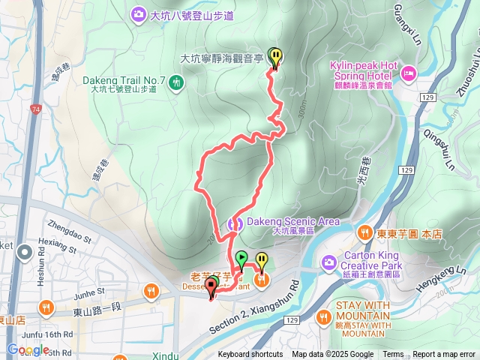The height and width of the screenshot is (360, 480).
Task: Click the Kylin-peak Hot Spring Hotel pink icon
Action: [408, 73]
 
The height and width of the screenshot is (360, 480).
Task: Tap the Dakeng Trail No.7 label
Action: [124, 80]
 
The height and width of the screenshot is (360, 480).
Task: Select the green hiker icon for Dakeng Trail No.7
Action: [175, 80]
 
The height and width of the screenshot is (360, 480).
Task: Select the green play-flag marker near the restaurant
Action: [241, 259]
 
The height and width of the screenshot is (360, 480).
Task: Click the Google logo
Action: [28, 349]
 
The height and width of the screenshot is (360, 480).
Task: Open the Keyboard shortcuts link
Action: [250, 355]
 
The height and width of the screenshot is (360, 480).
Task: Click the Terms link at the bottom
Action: [393, 355]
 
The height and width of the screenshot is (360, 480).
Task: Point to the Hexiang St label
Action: [54, 242]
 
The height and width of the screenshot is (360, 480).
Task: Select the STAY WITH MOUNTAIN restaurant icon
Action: [323, 318]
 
